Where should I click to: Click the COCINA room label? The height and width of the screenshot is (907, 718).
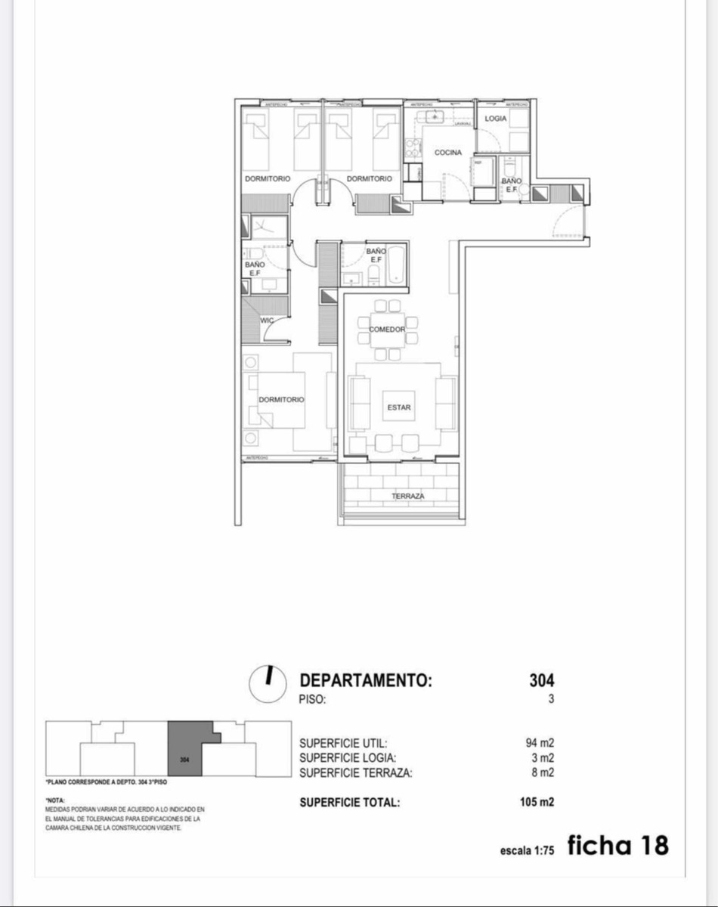tap(447, 153)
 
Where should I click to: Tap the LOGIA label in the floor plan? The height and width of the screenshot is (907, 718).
tap(496, 119)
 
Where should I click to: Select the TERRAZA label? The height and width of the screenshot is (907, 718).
tap(407, 497)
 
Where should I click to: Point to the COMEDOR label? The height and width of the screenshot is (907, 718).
tap(388, 330)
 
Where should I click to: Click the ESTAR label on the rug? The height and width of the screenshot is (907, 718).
tap(399, 407)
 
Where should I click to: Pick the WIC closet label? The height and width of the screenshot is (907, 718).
tap(266, 320)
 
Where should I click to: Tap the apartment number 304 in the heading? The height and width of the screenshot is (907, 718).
tap(541, 680)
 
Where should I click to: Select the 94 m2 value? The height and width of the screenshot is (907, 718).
tap(540, 743)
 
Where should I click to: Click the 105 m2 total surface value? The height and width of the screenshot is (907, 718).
tap(537, 802)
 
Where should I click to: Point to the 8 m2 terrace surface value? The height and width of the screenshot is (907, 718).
tap(543, 772)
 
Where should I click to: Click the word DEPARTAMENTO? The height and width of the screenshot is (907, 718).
tap(366, 680)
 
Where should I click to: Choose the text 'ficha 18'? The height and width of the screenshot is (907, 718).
tap(617, 845)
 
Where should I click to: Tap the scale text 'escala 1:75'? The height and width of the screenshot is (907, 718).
tap(528, 850)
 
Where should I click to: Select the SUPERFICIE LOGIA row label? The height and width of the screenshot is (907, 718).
tap(347, 758)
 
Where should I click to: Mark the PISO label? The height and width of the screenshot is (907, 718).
tap(312, 700)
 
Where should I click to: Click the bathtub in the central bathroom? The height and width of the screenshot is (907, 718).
tap(396, 271)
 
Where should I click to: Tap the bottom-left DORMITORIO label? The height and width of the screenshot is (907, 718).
tap(281, 399)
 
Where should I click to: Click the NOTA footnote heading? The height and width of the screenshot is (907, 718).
tap(55, 800)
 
